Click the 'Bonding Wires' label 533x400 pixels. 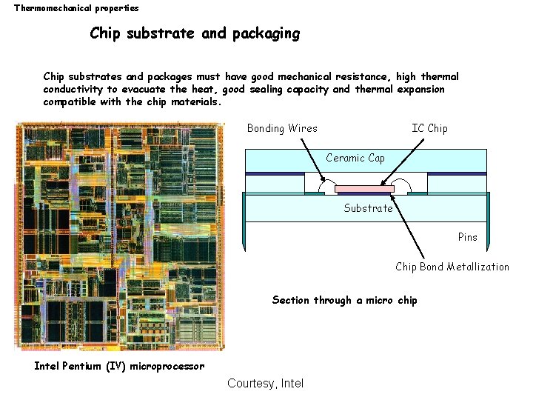coord(282,128)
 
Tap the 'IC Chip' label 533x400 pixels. coord(429,128)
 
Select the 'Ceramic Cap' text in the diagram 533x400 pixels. coord(355,158)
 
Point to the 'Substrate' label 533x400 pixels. coord(368,208)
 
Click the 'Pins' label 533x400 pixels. coord(467,237)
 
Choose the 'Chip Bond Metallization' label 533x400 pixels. coord(452,267)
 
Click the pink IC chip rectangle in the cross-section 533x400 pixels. coord(363,189)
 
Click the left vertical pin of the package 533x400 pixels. coord(244,222)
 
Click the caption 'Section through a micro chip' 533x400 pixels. coord(344,300)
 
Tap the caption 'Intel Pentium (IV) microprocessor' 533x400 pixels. coord(119,366)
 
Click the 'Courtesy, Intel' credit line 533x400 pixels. coord(265,383)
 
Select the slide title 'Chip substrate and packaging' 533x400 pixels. coord(195,33)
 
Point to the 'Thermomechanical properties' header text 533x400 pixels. coord(76,8)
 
